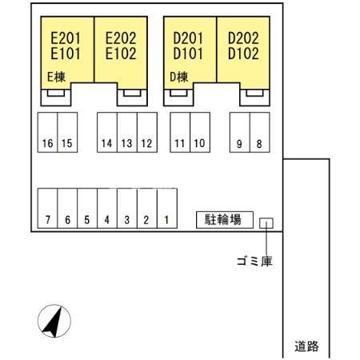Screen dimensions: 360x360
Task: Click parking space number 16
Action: [x=47, y=132]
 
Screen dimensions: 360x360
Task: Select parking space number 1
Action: [x=167, y=208]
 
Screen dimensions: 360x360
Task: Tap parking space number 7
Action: [x=47, y=208]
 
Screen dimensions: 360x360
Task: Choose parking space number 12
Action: [x=147, y=132]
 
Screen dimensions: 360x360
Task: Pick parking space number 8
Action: [x=260, y=132]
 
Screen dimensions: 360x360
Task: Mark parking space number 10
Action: [x=200, y=132]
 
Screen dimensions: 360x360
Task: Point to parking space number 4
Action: [x=107, y=208]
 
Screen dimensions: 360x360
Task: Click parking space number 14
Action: [x=107, y=132]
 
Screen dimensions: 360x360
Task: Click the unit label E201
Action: [x=66, y=38]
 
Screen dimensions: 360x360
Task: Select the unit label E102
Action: [x=121, y=54]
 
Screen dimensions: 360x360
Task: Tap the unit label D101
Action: [x=188, y=54]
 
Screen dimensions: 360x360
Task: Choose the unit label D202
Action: [x=243, y=38]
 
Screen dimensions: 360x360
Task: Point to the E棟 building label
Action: [x=56, y=77]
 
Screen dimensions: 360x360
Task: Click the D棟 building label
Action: [x=179, y=77]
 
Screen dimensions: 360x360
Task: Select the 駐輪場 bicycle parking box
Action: [x=225, y=220]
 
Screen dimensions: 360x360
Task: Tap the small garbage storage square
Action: [x=266, y=223]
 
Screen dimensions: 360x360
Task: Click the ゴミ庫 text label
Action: [x=254, y=262]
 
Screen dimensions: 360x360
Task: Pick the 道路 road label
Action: [x=306, y=346]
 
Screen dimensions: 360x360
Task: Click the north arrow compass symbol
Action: [x=54, y=321]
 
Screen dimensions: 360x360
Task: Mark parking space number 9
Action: [x=240, y=132]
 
